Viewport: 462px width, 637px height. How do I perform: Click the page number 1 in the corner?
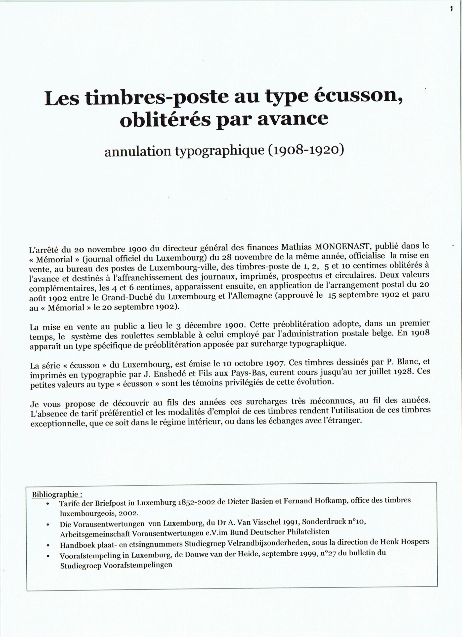[451, 9]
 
